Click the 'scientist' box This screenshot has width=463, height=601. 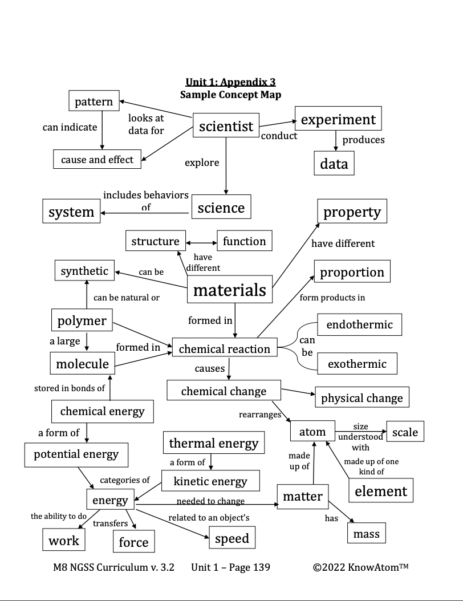pos(226,126)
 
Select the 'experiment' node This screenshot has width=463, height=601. pos(338,119)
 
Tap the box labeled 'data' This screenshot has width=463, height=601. pos(334,164)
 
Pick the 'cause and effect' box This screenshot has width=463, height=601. pos(97,160)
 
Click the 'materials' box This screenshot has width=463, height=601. pos(229,290)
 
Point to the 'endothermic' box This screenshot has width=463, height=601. pos(359,324)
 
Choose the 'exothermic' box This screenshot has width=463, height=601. pos(357,364)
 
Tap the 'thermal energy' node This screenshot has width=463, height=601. pos(213,443)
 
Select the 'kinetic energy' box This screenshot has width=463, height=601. pos(210,481)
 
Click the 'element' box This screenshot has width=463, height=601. pos(381,491)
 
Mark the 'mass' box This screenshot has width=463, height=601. pos(366,534)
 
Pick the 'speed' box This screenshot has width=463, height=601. pos(232,538)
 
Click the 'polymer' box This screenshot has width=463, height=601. pos(82,320)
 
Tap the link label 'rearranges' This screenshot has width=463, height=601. pos(260,415)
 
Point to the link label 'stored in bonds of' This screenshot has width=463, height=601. pos(70,388)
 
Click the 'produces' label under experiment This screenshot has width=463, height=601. pos(363,140)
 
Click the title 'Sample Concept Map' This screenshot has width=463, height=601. pos(230,95)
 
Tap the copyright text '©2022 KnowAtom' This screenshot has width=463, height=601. pos(360,567)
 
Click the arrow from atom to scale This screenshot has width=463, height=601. pos(360,432)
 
